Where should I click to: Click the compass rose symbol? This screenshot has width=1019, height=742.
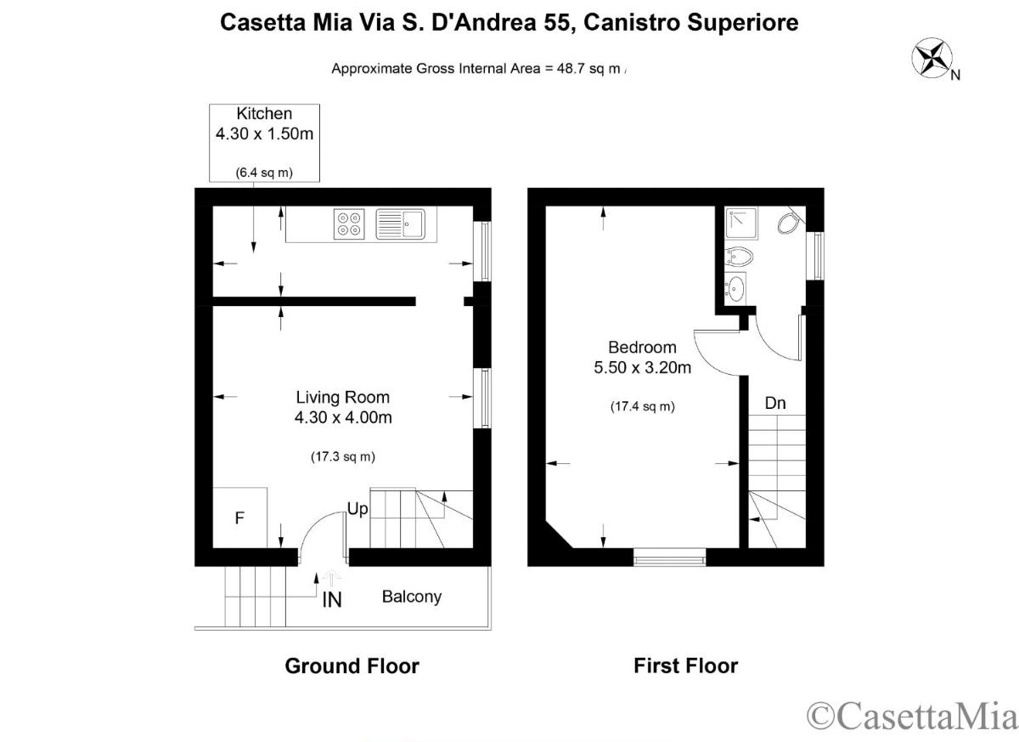click(x=932, y=58)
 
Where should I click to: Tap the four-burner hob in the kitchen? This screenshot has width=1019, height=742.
click(x=349, y=224)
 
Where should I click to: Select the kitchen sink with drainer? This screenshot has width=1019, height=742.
click(x=400, y=224)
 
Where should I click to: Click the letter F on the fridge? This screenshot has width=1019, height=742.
click(x=239, y=518)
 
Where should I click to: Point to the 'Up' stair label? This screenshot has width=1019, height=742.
click(x=357, y=509)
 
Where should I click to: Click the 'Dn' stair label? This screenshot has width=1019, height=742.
click(x=775, y=403)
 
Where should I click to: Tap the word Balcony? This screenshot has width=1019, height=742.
click(x=412, y=598)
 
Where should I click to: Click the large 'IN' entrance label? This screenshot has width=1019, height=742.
click(x=332, y=600)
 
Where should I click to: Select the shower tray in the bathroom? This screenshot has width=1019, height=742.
click(x=742, y=223)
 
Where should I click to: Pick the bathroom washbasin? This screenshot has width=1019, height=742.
click(x=735, y=287)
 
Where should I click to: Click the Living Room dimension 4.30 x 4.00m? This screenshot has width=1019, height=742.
click(x=343, y=417)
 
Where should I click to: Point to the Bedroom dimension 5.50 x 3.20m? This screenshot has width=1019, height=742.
click(x=642, y=367)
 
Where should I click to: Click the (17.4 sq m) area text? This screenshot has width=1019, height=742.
click(x=642, y=406)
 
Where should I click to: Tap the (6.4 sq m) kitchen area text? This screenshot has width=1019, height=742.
click(x=264, y=173)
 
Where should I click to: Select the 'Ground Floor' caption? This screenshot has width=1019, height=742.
click(x=352, y=666)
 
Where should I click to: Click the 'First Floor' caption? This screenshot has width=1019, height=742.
click(x=686, y=666)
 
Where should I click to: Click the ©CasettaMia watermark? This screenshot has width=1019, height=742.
click(x=912, y=715)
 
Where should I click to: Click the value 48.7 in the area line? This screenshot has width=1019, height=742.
click(x=571, y=69)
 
